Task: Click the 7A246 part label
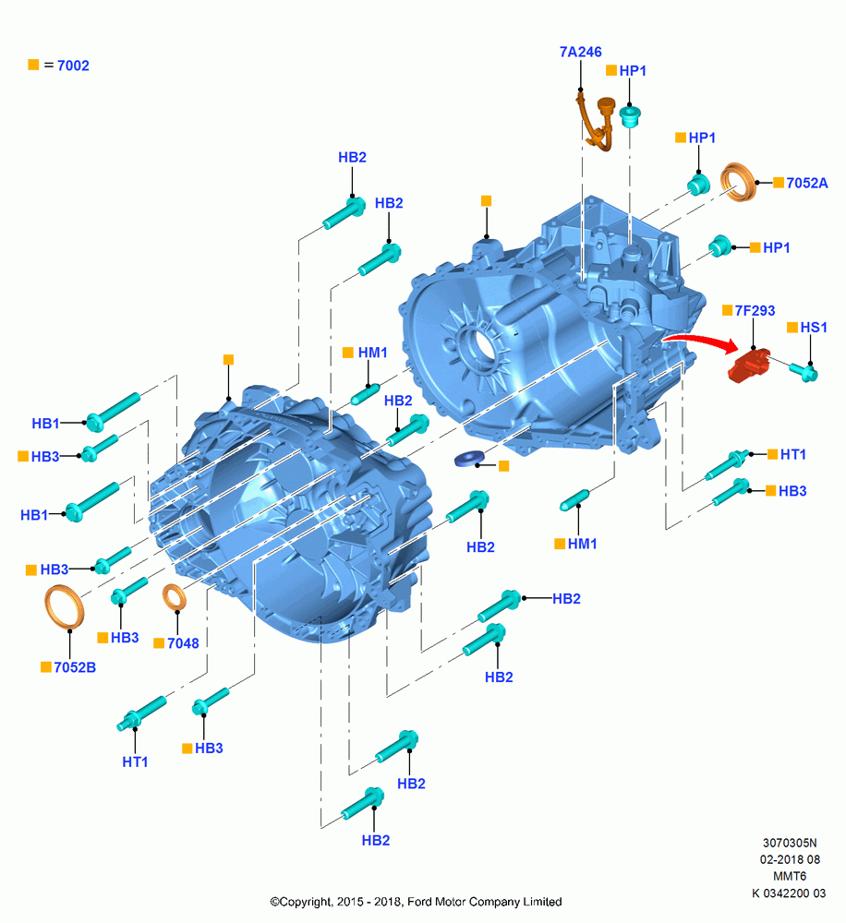(580, 52)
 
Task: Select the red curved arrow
(701, 340)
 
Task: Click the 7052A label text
(807, 183)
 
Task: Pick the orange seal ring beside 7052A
(739, 182)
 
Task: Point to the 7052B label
(75, 667)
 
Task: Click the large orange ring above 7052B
(65, 606)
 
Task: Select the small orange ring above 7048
(175, 597)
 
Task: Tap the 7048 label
(183, 643)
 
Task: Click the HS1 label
(814, 328)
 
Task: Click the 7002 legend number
(73, 66)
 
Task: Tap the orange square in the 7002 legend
(33, 65)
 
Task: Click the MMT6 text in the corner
(790, 876)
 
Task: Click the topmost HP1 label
(633, 71)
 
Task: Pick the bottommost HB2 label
(376, 841)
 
